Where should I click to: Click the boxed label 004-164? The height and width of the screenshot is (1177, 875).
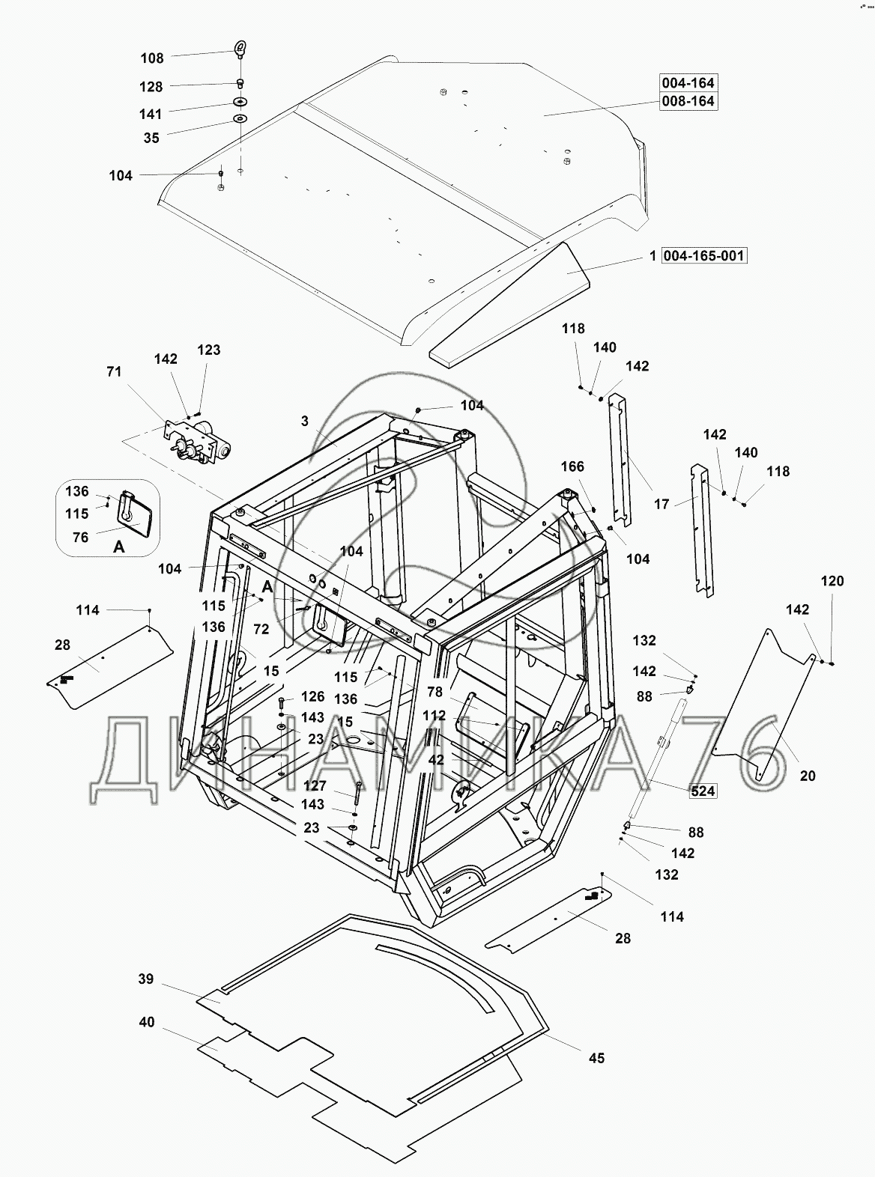point(687,82)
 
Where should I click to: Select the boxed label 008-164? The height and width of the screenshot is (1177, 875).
point(687,100)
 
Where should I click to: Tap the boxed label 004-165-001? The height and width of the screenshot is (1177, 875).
point(703,256)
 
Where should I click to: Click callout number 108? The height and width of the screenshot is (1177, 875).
point(151,58)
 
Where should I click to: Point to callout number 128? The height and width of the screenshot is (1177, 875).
point(151,87)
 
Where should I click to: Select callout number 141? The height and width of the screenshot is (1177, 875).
point(151,115)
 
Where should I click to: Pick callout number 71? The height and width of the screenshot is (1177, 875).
point(115,371)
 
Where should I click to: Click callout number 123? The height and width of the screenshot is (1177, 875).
point(209,350)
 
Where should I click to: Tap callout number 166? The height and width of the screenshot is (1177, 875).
point(572,467)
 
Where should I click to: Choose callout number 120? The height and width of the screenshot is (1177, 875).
point(832,581)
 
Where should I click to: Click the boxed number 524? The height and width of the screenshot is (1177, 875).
point(703,791)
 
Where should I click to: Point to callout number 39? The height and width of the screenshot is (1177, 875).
point(147,979)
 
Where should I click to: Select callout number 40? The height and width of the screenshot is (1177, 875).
point(147,1021)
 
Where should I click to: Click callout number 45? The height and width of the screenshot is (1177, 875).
point(596,1057)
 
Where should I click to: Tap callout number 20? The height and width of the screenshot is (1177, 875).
point(807,776)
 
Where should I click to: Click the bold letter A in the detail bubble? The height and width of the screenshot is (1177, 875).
point(118,547)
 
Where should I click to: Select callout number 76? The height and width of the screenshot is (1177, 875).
point(80,537)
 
